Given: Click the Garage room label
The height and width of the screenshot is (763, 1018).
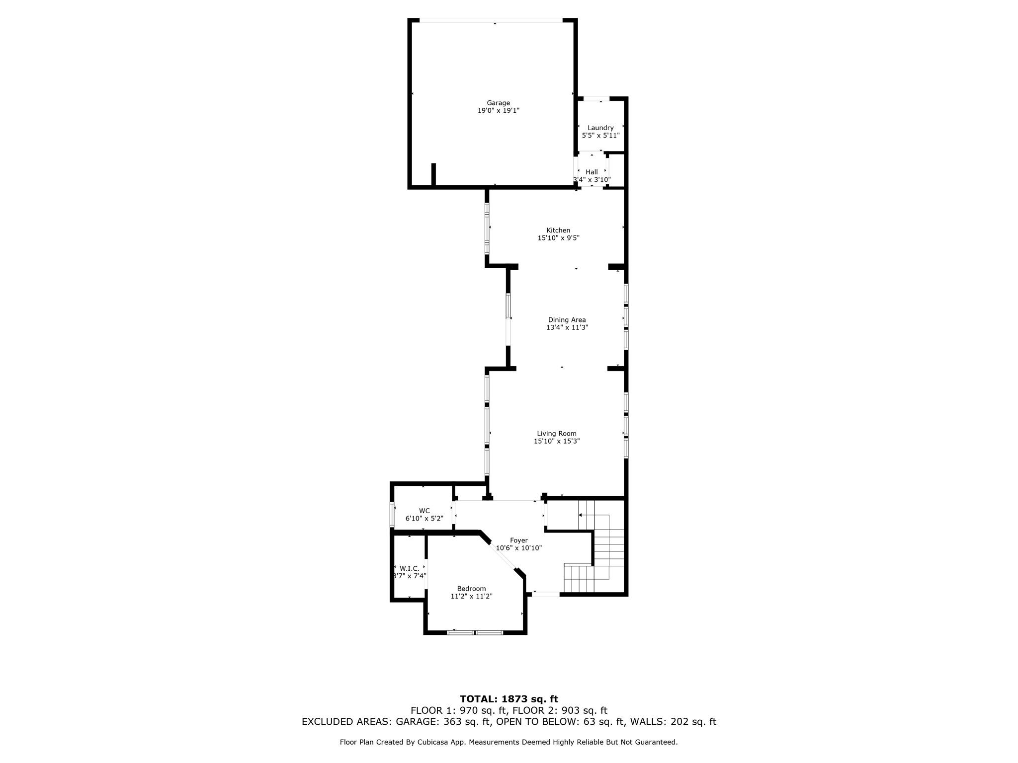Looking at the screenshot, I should [498, 103].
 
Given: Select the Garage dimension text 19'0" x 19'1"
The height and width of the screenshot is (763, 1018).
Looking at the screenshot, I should [498, 111].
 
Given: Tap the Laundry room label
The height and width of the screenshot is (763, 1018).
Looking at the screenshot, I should [600, 128].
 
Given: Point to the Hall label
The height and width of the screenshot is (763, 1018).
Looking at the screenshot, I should [592, 172].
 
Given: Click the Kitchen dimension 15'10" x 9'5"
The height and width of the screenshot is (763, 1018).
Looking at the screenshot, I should [558, 238].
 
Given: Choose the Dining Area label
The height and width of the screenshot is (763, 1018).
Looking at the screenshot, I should [567, 320].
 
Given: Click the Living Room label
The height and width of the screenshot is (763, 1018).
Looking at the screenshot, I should [557, 433].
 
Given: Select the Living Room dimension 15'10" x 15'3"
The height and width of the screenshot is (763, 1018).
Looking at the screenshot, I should [557, 441].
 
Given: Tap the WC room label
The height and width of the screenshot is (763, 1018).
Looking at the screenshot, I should [424, 511].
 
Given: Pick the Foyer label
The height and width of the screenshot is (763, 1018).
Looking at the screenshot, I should [518, 540].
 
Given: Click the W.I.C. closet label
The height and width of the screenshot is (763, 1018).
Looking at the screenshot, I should [409, 568].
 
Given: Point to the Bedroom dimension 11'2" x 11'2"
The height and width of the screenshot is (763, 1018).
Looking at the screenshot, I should [471, 596].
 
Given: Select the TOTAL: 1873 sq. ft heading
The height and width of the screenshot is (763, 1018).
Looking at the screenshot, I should [509, 699].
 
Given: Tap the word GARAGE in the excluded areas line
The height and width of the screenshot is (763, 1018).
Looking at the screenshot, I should [419, 722].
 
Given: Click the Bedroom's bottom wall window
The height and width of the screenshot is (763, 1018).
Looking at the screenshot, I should [475, 632].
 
